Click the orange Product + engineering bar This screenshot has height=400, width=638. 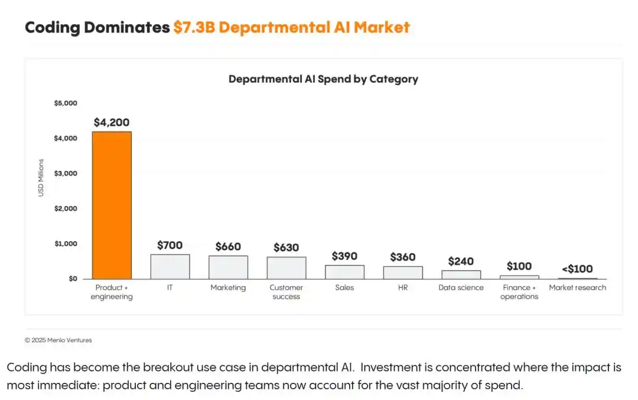[112, 205]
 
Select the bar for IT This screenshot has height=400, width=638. [170, 267]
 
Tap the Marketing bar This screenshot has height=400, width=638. [228, 267]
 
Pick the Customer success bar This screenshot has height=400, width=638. [287, 268]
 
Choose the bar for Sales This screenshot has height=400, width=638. [344, 272]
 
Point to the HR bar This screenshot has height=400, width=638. [403, 272]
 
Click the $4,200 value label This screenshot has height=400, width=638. [112, 122]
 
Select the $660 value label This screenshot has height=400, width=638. [228, 246]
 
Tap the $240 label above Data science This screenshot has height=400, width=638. [461, 261]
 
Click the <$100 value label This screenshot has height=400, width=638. [577, 269]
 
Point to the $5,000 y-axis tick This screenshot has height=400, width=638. [66, 103]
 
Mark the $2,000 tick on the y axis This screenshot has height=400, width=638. [66, 209]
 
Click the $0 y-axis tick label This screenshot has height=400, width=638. [73, 279]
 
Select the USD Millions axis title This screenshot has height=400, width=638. [41, 178]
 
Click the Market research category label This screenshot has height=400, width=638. [577, 288]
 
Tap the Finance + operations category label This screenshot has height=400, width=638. [519, 292]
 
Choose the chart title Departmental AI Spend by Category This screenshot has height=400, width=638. [324, 79]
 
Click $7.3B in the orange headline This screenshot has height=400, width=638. [194, 27]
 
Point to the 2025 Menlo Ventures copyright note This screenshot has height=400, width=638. [58, 340]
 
